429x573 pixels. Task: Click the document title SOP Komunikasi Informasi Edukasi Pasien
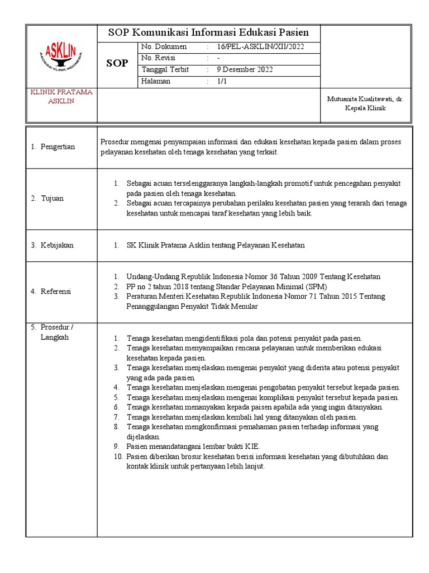coord(208,32)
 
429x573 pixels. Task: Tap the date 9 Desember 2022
coord(245,70)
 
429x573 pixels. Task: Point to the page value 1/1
coord(222,81)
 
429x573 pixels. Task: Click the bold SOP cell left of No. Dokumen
coord(117,64)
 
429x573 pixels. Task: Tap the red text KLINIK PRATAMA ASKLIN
coord(61,96)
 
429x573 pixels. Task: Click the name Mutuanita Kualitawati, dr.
coord(365,98)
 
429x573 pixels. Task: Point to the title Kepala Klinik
coord(365,108)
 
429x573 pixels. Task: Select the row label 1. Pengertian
coord(53,147)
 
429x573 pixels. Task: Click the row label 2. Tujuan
coord(47,199)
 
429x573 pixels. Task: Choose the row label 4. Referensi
coord(51,292)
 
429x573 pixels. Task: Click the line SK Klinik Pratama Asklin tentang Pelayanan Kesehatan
coord(216,245)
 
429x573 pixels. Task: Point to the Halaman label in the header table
coord(156,81)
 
